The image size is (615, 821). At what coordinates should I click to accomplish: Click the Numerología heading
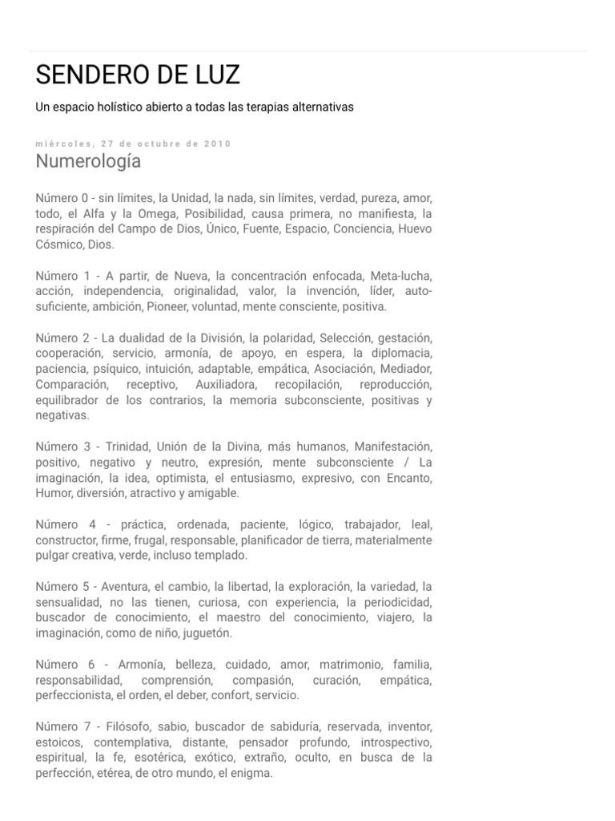point(88,161)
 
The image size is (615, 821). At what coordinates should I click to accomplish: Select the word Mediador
point(407,369)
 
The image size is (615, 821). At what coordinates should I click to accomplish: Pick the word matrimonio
point(350,665)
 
